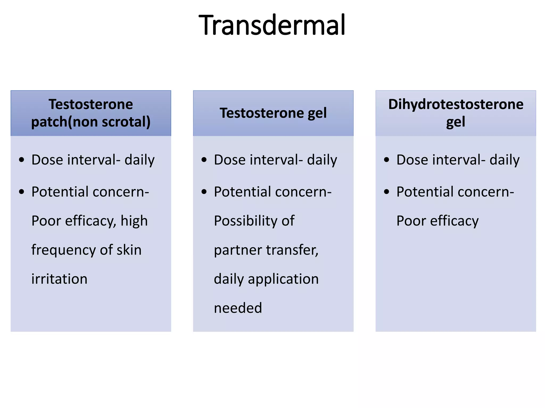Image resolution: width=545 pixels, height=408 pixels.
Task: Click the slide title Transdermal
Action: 272,25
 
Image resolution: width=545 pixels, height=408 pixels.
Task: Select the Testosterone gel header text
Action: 273,113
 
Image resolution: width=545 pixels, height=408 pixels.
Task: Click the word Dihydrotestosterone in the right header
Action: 456,104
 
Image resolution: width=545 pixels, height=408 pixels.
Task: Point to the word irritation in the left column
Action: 59,279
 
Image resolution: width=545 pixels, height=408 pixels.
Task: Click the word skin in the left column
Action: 129,250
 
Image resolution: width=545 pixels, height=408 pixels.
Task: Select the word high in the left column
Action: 134,221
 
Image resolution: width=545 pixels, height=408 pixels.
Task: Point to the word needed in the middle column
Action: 238,308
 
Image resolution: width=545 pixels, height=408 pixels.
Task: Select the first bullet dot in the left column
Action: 22,160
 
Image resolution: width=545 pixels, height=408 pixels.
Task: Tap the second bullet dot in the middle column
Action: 204,192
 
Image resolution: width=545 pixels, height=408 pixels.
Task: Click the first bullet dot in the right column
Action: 387,160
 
